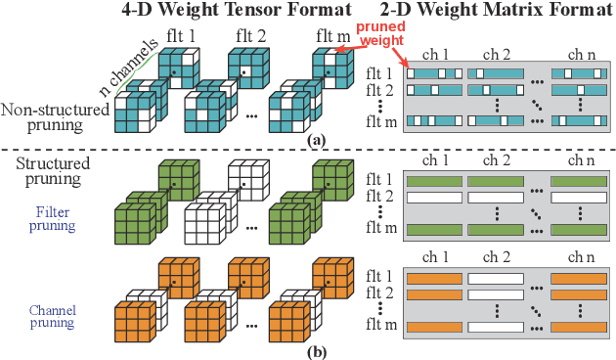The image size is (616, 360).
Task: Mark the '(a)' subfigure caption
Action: (x=316, y=141)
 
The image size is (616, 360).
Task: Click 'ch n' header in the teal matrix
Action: (x=576, y=56)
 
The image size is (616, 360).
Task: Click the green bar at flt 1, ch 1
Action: (x=433, y=181)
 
